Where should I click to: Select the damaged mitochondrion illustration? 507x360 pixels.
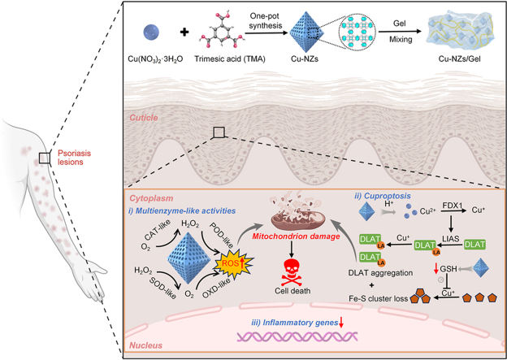pyautogui.click(x=297, y=212)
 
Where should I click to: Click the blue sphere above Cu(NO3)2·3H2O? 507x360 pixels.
pyautogui.click(x=151, y=33)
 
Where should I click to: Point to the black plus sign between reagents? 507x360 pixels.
pyautogui.click(x=184, y=32)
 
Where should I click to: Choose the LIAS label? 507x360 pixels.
pyautogui.click(x=450, y=238)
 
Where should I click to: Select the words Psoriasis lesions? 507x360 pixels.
pyautogui.click(x=74, y=158)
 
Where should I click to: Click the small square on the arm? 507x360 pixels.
pyautogui.click(x=45, y=158)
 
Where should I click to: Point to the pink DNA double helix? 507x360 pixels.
pyautogui.click(x=297, y=336)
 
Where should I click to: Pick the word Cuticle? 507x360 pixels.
pyautogui.click(x=144, y=118)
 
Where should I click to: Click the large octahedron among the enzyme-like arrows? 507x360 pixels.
pyautogui.click(x=188, y=250)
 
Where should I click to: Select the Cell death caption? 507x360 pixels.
pyautogui.click(x=292, y=290)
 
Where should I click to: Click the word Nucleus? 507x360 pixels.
pyautogui.click(x=145, y=345)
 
